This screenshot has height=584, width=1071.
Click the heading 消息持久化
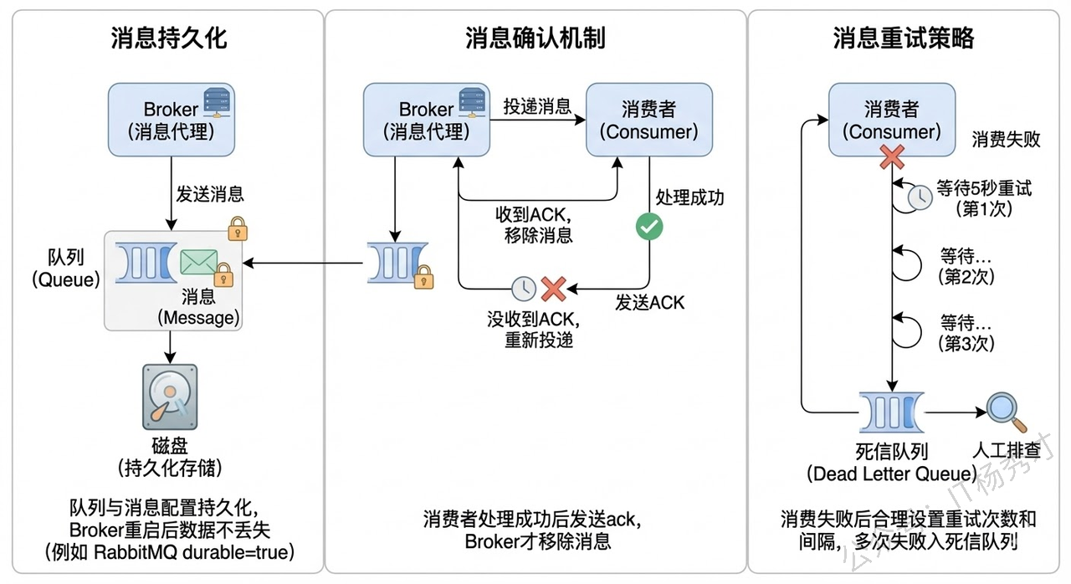(x=168, y=38)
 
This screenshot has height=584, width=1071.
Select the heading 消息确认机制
(x=535, y=38)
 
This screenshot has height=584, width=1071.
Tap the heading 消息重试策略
(x=904, y=38)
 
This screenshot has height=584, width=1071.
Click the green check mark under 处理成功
(x=649, y=226)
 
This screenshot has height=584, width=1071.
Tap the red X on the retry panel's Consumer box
(x=892, y=156)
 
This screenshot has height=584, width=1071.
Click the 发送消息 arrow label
(x=209, y=194)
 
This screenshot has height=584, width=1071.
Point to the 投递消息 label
(x=537, y=106)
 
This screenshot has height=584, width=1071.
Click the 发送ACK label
(x=650, y=302)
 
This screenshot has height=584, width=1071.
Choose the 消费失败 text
(x=1006, y=140)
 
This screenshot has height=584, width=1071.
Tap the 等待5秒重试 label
(x=985, y=187)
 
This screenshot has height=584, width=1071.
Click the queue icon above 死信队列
(x=891, y=411)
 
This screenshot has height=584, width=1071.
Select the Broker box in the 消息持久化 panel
(x=170, y=119)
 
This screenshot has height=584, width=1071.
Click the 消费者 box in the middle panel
(x=649, y=119)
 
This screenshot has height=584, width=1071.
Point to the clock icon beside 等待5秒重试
(x=920, y=197)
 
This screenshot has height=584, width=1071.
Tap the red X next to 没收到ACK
(x=554, y=289)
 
